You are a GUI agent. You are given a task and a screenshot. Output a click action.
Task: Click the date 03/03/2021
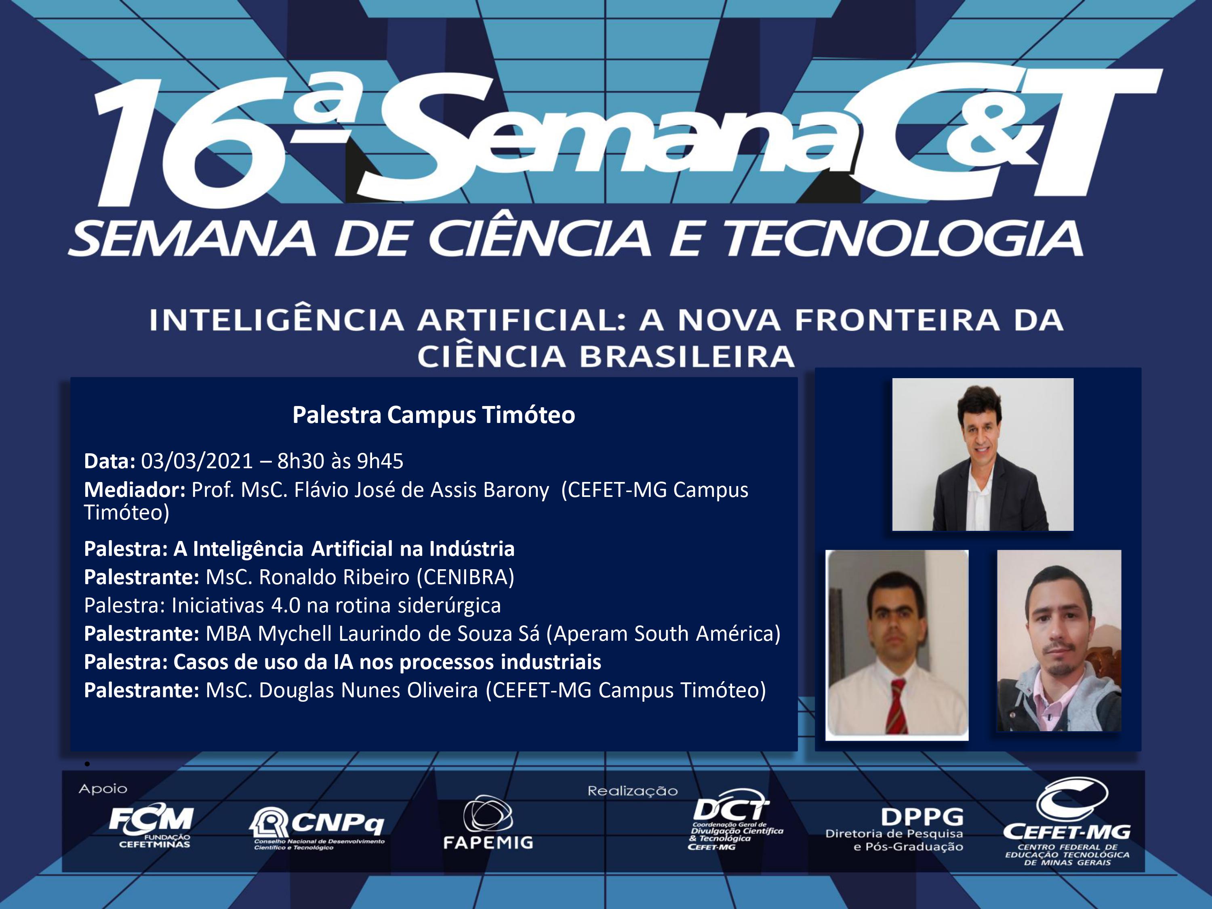click(197, 461)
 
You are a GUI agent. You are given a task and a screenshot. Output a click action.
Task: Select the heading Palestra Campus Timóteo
click(434, 415)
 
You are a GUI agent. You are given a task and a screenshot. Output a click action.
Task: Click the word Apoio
click(103, 789)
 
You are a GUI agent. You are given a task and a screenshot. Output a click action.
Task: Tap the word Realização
click(633, 791)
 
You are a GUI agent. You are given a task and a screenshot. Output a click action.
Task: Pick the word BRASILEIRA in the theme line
click(687, 357)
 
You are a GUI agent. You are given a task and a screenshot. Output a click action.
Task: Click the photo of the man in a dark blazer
click(983, 454)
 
